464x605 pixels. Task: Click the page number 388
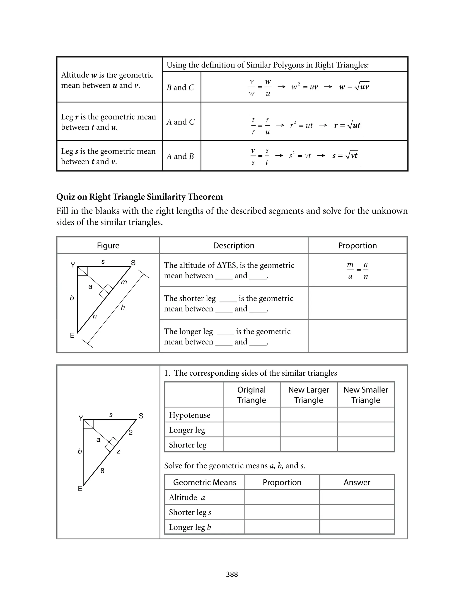232,574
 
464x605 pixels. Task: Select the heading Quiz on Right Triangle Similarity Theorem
140,197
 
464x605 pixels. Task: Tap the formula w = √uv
354,87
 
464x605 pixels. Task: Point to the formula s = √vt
345,156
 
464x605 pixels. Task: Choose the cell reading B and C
180,87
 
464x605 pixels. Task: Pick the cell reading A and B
180,156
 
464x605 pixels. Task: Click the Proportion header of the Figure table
357,245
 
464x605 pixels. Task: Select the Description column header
234,245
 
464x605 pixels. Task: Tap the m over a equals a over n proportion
358,270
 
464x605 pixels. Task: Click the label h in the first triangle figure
123,307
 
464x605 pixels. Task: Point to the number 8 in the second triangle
102,470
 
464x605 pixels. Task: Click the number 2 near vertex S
131,432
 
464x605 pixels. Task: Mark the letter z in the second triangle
118,451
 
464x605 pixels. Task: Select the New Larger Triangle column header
309,395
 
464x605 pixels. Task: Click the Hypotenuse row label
189,415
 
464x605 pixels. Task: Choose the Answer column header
357,482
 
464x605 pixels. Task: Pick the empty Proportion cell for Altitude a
282,497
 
